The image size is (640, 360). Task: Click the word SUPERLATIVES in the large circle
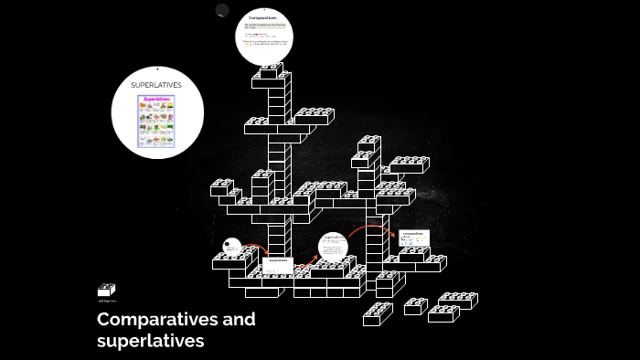156,85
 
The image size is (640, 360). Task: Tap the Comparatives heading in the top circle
262,17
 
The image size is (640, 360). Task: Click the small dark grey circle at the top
222,10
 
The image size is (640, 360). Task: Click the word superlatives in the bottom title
151,342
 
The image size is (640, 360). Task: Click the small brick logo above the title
106,290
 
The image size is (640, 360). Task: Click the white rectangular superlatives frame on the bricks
277,265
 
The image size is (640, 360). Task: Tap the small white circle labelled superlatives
333,247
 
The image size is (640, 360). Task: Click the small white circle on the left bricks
232,246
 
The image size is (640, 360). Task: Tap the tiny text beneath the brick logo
106,301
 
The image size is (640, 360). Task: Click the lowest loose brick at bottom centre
377,315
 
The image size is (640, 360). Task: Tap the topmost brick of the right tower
368,143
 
